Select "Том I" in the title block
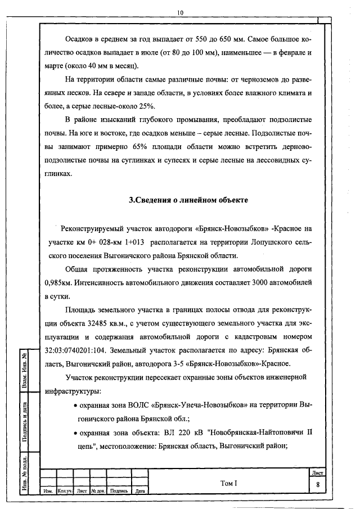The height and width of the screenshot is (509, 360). (229, 483)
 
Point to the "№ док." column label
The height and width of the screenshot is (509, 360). (98, 491)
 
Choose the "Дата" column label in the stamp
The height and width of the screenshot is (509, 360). (141, 491)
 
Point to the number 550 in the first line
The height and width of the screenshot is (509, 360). (205, 40)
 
